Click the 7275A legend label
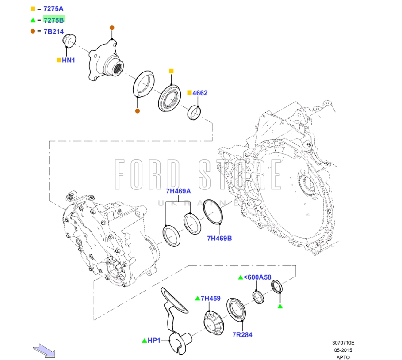click(53, 8)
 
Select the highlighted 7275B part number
click(54, 20)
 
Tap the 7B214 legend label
click(53, 31)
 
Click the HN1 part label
click(68, 60)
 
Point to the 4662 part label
click(199, 93)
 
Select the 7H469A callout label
click(178, 191)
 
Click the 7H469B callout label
click(219, 238)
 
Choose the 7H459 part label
click(211, 299)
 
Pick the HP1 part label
click(153, 341)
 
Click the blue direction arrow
click(44, 350)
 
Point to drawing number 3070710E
click(343, 342)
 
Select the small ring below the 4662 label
click(195, 113)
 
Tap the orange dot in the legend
click(33, 31)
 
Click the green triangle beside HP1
click(144, 341)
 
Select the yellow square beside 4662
click(189, 93)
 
